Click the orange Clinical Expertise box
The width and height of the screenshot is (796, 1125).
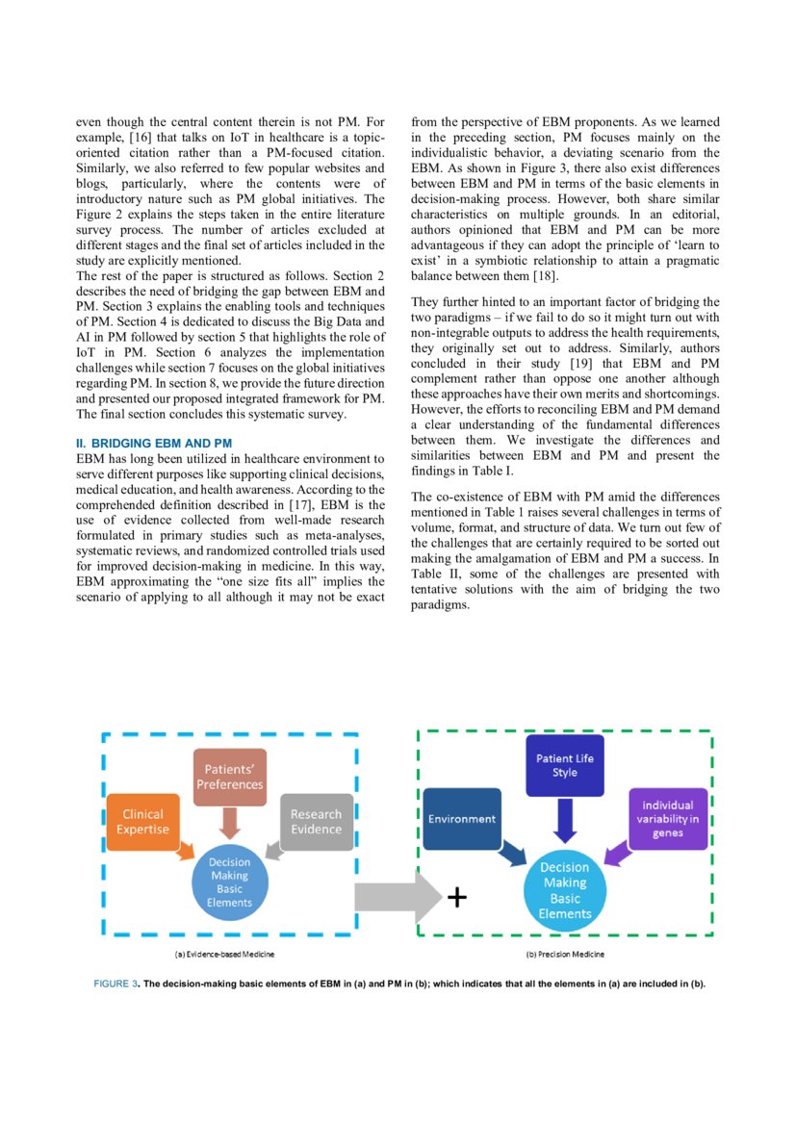click(x=142, y=821)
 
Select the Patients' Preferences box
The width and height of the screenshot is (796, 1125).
click(x=229, y=776)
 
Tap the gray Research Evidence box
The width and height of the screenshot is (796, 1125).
click(x=316, y=821)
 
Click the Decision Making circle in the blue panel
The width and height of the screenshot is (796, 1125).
click(x=229, y=882)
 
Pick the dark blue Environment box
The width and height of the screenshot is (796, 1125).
click(x=462, y=818)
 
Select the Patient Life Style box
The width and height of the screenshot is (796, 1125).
click(x=565, y=765)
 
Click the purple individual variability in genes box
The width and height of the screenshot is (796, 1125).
click(x=668, y=818)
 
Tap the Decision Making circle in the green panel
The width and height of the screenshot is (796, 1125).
click(x=565, y=890)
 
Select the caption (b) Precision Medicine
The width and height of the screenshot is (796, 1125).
click(x=565, y=955)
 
